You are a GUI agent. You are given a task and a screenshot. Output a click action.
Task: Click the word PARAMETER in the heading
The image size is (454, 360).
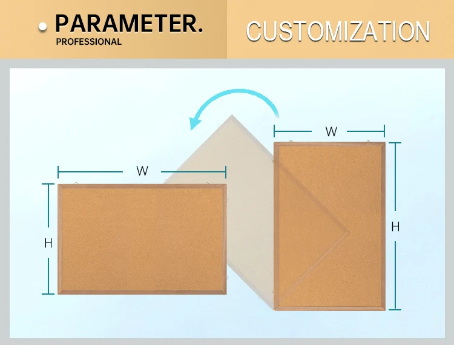[x=125, y=24]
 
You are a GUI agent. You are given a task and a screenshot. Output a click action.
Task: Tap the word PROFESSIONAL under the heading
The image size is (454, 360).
[x=88, y=42]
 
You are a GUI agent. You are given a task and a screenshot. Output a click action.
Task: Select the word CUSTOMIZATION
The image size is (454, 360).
[x=338, y=31]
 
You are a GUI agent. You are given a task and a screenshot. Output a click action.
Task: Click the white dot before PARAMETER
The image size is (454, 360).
[x=42, y=27]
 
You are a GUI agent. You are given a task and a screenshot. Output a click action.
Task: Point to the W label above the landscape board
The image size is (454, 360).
[x=142, y=171]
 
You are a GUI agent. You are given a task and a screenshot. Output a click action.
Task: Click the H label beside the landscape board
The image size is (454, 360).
[x=48, y=243]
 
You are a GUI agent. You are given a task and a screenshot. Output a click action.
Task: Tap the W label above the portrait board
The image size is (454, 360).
[x=331, y=131]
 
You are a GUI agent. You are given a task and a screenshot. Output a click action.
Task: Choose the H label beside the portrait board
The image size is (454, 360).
[x=395, y=227]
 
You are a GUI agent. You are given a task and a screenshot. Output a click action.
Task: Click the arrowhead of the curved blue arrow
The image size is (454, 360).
[x=195, y=123]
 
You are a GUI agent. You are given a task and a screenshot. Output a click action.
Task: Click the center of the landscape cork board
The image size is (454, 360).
[x=142, y=239]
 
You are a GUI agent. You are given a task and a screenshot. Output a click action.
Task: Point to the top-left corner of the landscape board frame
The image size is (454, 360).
[x=59, y=185]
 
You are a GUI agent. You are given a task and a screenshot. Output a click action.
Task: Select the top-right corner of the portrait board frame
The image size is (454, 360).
[x=384, y=143]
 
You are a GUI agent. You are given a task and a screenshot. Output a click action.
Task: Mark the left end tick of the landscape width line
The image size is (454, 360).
[x=58, y=171]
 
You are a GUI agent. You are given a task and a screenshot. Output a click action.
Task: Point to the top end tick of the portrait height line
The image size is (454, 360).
[x=395, y=143]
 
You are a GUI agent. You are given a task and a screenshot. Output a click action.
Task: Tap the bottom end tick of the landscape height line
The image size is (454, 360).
[x=48, y=294]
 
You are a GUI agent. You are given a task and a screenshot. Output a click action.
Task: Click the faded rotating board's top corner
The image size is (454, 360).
[x=231, y=114]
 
